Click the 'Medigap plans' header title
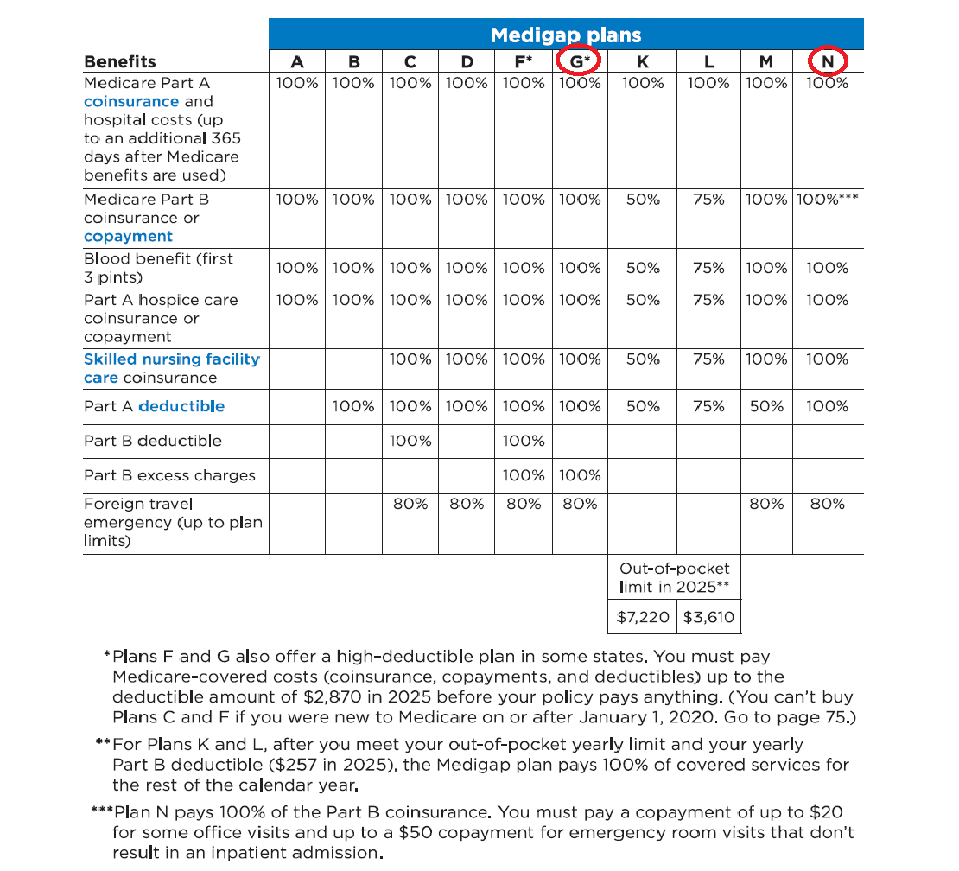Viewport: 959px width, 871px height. click(566, 35)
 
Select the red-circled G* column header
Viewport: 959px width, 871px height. click(580, 61)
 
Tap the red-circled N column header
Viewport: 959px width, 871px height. click(828, 61)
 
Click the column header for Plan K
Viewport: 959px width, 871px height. click(643, 61)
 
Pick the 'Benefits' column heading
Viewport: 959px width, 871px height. click(120, 61)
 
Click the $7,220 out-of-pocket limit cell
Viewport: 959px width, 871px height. click(642, 618)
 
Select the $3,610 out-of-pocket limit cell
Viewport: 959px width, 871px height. click(708, 618)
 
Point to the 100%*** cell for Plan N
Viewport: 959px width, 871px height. click(827, 200)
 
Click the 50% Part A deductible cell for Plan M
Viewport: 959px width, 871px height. click(765, 406)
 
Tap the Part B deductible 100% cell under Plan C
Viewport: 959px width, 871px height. click(410, 441)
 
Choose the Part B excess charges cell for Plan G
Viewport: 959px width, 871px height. click(580, 475)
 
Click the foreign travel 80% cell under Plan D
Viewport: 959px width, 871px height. click(467, 504)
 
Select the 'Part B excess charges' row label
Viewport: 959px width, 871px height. click(169, 475)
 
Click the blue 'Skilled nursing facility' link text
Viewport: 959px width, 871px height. click(172, 359)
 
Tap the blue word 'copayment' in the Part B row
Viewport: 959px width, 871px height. click(128, 237)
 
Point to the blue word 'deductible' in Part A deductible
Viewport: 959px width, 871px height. click(181, 406)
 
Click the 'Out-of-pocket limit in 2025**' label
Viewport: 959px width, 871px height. click(675, 577)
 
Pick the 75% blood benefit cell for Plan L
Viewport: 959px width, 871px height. click(708, 269)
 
